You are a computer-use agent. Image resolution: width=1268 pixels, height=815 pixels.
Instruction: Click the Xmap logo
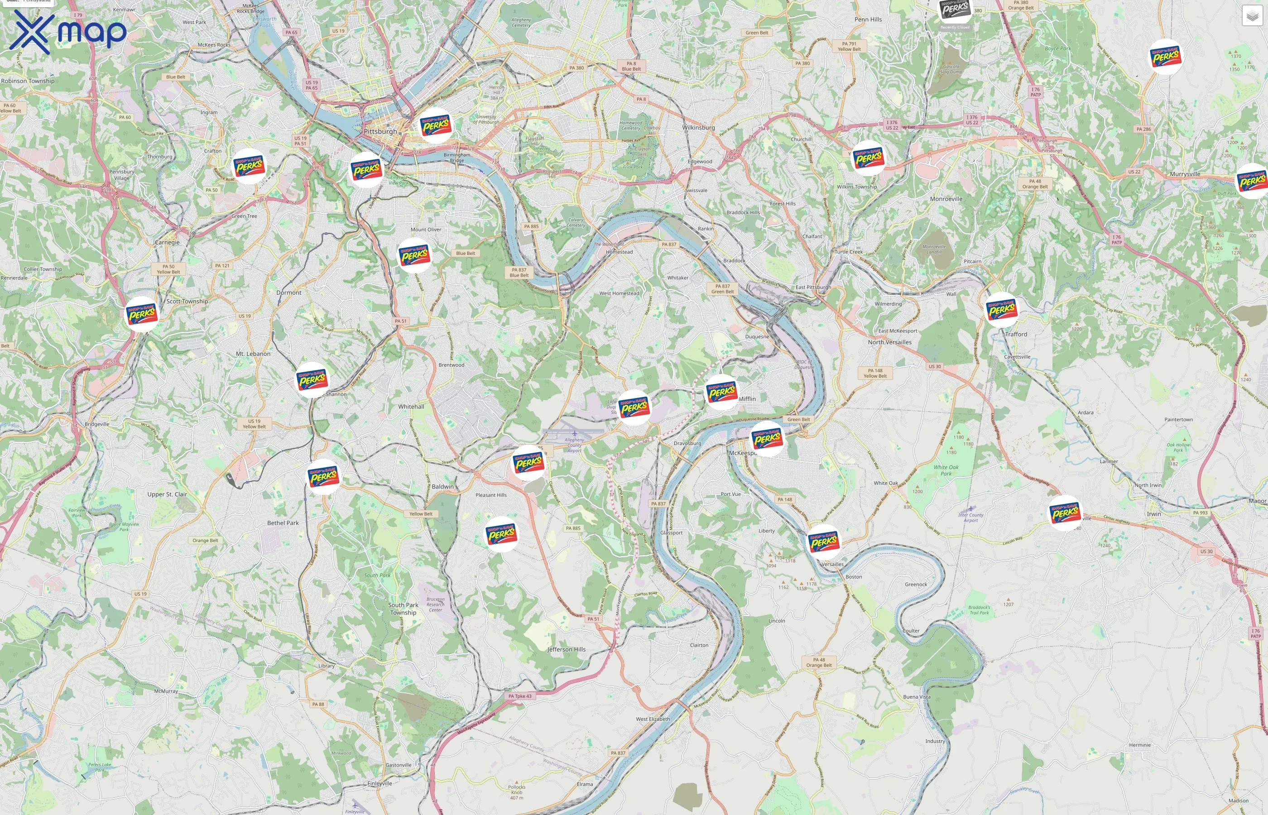click(x=68, y=32)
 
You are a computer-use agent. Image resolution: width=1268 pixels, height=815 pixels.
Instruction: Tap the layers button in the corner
click(x=1252, y=16)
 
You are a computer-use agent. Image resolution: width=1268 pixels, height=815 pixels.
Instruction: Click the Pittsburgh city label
click(x=380, y=131)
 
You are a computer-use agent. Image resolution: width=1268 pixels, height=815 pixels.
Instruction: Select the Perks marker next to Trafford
click(x=1002, y=310)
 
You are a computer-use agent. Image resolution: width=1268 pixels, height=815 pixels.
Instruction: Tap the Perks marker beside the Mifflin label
click(x=722, y=392)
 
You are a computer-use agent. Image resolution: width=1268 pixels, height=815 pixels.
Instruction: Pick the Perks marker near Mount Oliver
click(x=414, y=255)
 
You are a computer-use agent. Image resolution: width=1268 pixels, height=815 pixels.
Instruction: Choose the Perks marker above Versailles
click(x=823, y=542)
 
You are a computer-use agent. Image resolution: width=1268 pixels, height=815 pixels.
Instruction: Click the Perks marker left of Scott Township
click(x=142, y=314)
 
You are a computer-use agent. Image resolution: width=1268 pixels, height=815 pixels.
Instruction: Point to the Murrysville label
click(x=1185, y=174)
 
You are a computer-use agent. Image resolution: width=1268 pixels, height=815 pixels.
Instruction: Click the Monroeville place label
click(x=946, y=199)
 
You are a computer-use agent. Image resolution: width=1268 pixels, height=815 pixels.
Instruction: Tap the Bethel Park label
click(x=283, y=523)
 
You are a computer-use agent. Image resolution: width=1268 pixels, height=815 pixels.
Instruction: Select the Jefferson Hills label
click(x=566, y=649)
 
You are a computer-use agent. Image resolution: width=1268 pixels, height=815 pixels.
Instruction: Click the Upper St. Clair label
click(x=167, y=494)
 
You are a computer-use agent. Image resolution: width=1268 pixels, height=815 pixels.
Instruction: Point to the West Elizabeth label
click(x=653, y=719)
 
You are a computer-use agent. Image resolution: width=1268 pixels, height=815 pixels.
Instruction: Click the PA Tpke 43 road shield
click(x=520, y=696)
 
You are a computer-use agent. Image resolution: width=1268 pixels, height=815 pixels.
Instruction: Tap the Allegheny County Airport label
click(x=574, y=445)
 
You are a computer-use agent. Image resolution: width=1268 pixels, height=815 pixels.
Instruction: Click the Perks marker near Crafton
click(x=249, y=166)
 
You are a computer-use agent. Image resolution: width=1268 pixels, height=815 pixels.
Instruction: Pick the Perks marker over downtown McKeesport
click(x=767, y=438)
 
